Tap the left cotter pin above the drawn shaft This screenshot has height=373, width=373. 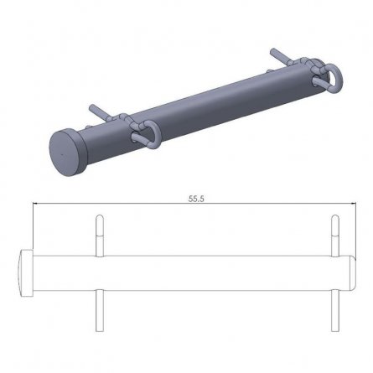pyautogui.click(x=99, y=236)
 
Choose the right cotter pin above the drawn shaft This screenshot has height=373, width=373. pyautogui.click(x=334, y=236)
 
